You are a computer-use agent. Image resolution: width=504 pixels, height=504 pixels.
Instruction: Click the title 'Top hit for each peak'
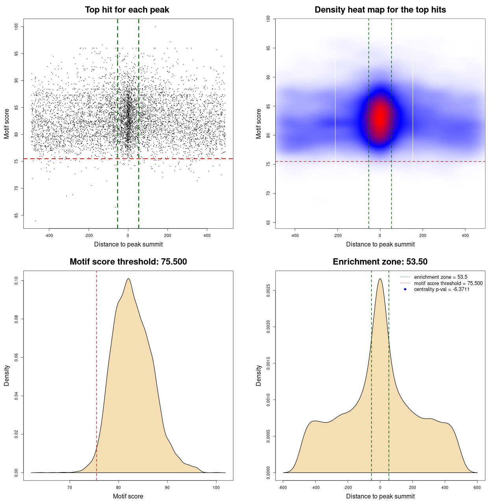click(127, 10)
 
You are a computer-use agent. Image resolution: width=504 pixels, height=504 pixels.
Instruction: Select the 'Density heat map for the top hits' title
click(380, 10)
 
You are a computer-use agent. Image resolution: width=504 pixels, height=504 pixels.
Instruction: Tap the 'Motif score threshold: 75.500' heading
click(128, 262)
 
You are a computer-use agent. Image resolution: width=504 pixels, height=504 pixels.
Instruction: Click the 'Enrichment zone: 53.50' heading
click(380, 262)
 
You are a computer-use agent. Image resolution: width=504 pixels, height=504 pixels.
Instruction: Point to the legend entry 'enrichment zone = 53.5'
click(441, 277)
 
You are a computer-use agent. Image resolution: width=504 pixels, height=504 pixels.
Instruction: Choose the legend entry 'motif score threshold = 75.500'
click(448, 283)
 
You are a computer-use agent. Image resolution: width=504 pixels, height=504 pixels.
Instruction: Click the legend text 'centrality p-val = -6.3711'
click(441, 289)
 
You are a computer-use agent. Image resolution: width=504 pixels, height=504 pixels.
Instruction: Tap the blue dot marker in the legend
click(405, 289)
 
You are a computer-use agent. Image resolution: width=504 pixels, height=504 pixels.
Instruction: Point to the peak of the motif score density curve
click(128, 279)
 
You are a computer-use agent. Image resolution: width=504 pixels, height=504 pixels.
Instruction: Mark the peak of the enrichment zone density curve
click(380, 279)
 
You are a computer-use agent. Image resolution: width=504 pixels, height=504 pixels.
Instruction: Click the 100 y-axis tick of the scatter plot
click(16, 26)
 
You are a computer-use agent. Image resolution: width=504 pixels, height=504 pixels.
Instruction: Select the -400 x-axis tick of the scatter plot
click(49, 236)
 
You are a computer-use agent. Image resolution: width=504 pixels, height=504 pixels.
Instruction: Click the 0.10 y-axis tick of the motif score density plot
click(16, 280)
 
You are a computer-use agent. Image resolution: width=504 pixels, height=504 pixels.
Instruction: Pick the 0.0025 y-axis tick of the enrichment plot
click(268, 291)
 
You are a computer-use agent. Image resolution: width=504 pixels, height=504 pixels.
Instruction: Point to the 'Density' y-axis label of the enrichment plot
click(259, 375)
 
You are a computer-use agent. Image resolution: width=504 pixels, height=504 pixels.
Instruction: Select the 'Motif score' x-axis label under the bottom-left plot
click(128, 496)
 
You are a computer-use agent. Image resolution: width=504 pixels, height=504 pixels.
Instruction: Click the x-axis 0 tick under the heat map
click(380, 236)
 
